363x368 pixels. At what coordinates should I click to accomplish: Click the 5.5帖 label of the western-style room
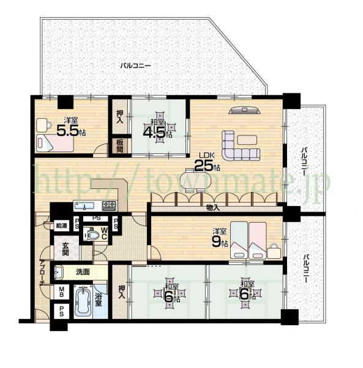pos(70,129)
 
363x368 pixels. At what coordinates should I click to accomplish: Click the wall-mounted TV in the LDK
pos(245,110)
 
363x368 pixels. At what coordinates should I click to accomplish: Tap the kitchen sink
pos(86,205)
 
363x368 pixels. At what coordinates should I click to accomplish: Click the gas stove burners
pos(110,205)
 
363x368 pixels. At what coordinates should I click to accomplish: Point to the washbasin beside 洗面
pos(59,270)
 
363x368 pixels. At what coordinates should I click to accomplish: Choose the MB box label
pos(62,292)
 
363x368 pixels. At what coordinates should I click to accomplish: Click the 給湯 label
pos(61,225)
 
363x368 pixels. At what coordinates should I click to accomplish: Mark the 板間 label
pos(120,146)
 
